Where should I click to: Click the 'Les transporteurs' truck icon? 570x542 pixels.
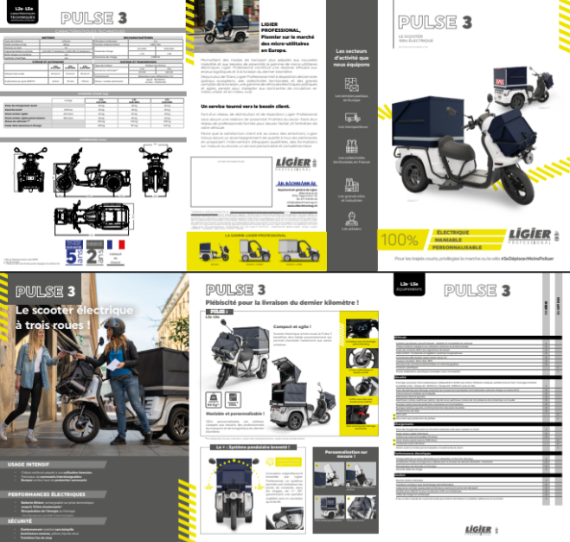351,115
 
